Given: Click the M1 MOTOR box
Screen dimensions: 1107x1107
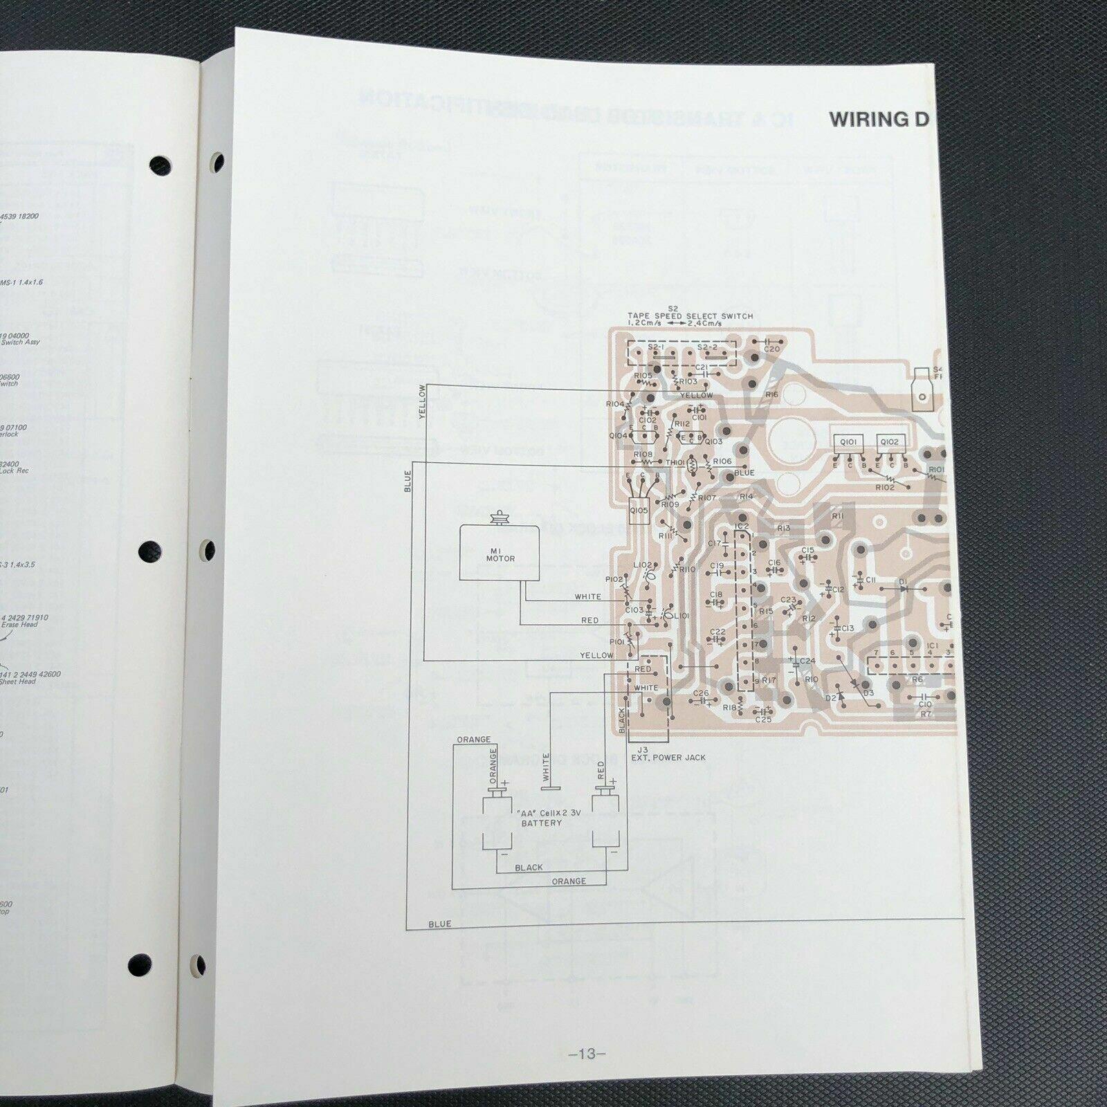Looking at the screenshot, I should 500,553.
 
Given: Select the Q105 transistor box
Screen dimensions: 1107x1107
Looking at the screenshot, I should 639,511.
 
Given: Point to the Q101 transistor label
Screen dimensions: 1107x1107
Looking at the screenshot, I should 848,441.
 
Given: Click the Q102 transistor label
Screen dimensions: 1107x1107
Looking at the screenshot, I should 890,441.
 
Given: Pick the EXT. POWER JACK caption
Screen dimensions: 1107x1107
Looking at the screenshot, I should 668,758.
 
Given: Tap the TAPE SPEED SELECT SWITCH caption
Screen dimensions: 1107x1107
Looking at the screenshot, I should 690,316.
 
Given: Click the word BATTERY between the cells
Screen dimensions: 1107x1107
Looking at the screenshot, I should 542,823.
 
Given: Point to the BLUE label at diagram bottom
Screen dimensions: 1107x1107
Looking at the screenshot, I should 439,924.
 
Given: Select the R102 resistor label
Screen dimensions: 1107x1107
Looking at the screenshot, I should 884,487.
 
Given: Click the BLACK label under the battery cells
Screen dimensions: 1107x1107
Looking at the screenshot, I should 529,868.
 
